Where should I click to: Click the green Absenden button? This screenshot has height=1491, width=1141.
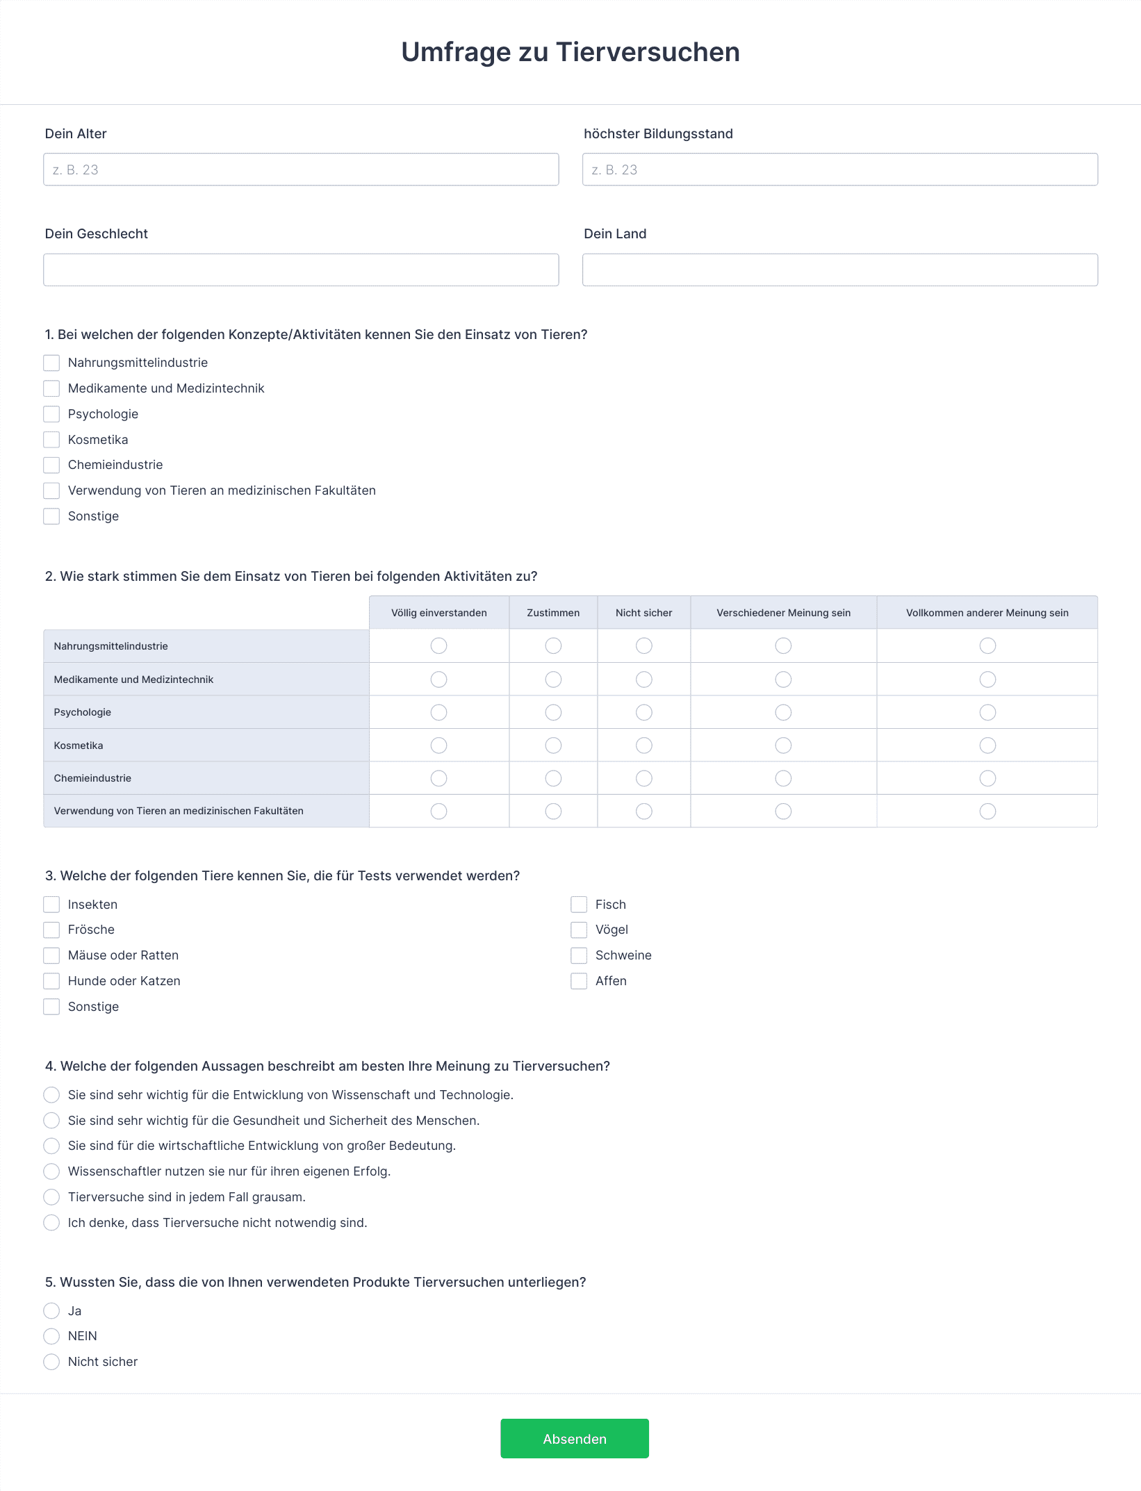tap(574, 1438)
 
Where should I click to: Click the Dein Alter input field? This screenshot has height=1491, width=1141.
tap(301, 170)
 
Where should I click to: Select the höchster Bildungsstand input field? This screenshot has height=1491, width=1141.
tap(839, 170)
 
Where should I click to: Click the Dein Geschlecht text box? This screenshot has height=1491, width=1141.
tap(301, 270)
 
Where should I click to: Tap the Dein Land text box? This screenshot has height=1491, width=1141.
tap(839, 270)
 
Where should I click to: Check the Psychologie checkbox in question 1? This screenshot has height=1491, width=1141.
tap(51, 414)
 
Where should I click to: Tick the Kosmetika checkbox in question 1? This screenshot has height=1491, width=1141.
tap(51, 440)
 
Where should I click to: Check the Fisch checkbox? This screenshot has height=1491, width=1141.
tap(579, 905)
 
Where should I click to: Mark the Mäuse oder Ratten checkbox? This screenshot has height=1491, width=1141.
tap(51, 955)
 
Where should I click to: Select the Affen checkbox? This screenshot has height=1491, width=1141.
tap(579, 981)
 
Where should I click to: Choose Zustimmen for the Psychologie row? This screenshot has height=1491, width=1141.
tap(553, 712)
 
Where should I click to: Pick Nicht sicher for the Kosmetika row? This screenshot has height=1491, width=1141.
tap(644, 745)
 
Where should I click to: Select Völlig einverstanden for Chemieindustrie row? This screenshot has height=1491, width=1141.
tap(438, 778)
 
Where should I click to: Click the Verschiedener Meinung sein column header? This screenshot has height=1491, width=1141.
tap(783, 613)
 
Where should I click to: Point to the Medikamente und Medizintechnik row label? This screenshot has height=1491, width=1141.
tap(133, 679)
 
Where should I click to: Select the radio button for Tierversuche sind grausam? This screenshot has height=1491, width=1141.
tap(51, 1197)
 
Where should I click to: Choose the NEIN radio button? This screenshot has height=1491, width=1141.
tap(51, 1336)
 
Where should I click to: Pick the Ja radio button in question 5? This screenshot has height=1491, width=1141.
tap(51, 1311)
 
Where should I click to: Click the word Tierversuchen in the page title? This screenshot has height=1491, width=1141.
tap(648, 52)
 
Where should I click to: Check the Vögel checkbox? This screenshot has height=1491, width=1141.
tap(579, 930)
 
